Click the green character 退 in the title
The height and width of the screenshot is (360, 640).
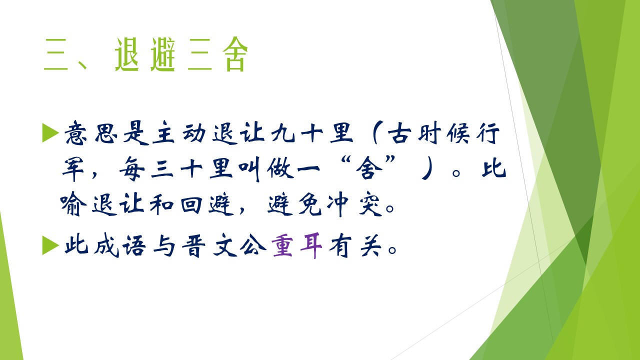(x=127, y=54)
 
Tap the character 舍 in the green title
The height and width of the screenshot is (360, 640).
(x=235, y=54)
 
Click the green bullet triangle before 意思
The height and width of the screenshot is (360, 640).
(x=50, y=132)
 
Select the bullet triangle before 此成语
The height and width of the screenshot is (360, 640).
(x=50, y=245)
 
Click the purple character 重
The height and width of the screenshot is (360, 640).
(x=282, y=245)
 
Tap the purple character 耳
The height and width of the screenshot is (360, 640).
(x=311, y=245)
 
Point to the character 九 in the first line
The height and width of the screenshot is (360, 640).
(x=283, y=133)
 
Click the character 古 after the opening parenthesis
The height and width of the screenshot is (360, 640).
(x=399, y=133)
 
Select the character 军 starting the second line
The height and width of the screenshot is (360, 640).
(x=73, y=168)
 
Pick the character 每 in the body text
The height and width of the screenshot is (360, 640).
(x=132, y=168)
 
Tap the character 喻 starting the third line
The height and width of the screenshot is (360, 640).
(x=73, y=204)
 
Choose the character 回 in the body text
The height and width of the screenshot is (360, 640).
(x=191, y=204)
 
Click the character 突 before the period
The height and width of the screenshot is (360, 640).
(x=370, y=204)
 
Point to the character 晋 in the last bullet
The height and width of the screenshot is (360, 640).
(x=193, y=245)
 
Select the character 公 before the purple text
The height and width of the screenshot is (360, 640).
(x=253, y=245)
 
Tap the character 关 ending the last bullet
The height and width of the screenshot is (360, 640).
(x=371, y=245)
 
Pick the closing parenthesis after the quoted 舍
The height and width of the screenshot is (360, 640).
(x=427, y=168)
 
